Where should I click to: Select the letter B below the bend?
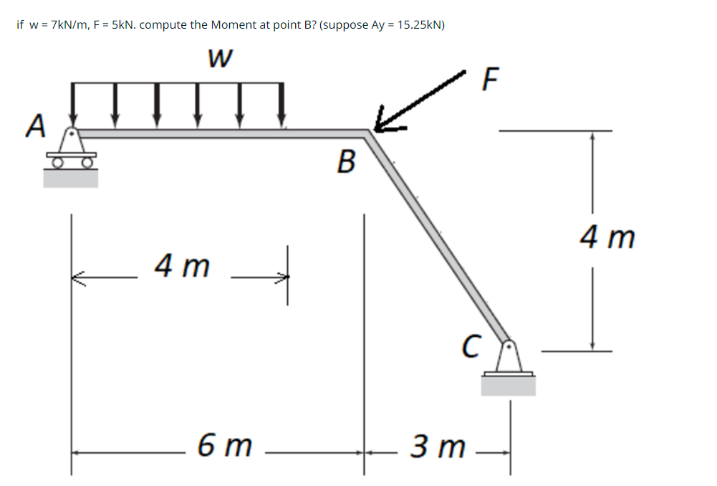pyautogui.click(x=345, y=163)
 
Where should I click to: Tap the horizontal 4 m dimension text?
pyautogui.click(x=183, y=267)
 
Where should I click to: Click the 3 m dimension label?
pyautogui.click(x=437, y=448)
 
